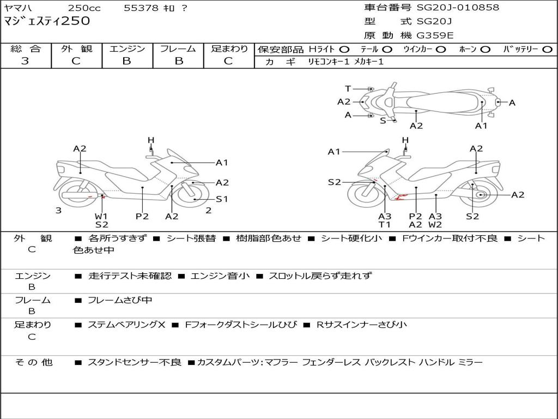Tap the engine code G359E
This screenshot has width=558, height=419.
[435, 35]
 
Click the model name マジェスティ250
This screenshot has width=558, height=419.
[47, 21]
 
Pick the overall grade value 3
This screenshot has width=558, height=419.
[25, 61]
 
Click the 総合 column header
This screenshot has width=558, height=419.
[25, 49]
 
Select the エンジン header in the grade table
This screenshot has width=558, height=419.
[127, 49]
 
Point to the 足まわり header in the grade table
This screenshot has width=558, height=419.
[229, 49]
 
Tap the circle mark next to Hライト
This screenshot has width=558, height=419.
[344, 50]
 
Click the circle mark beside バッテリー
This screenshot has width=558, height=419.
[547, 50]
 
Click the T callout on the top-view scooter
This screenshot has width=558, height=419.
[348, 88]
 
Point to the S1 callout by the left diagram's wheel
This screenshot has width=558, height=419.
[222, 199]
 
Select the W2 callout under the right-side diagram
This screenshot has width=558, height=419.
[435, 224]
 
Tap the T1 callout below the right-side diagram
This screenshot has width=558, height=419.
[385, 224]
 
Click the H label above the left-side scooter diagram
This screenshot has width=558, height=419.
[151, 141]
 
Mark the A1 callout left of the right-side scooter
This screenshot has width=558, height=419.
[333, 152]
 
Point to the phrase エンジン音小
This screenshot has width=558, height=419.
[220, 276]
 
